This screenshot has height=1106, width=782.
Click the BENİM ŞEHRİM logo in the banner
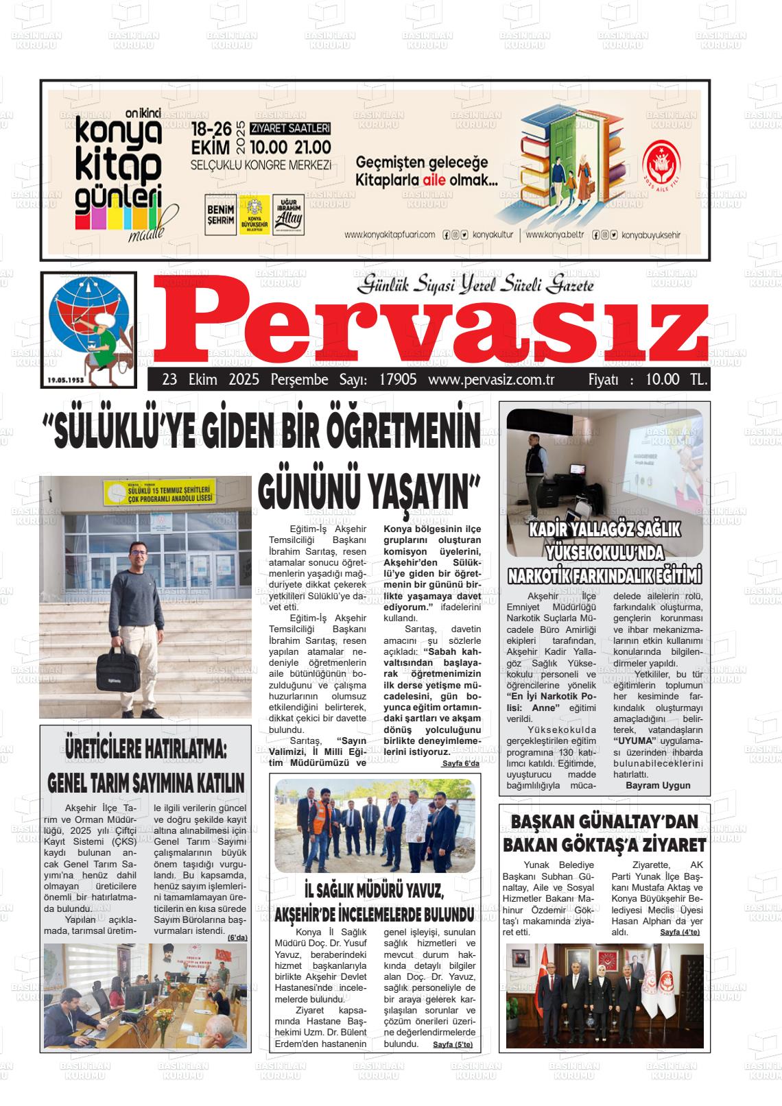click(x=221, y=215)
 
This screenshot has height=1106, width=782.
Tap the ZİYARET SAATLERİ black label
click(x=290, y=128)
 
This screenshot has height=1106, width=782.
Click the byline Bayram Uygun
click(x=658, y=785)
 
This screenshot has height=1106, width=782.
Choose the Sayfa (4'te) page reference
click(x=680, y=933)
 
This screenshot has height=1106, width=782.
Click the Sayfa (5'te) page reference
click(x=453, y=1044)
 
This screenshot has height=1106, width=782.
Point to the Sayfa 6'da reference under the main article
click(x=460, y=763)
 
